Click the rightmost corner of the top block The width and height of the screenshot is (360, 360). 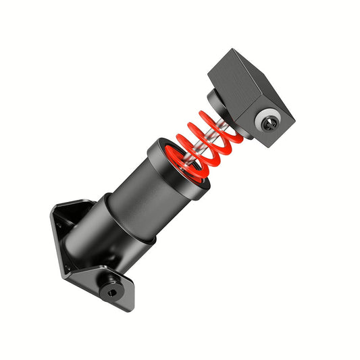294,122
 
